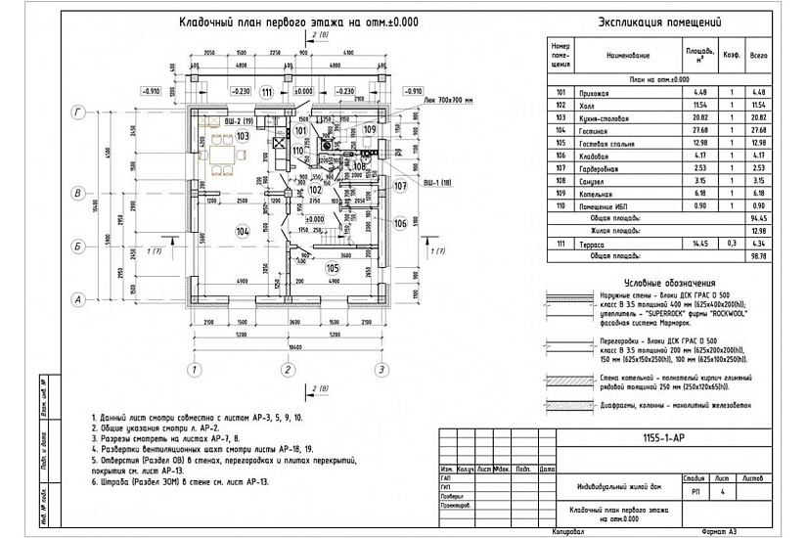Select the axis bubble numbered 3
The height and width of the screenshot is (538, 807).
380,369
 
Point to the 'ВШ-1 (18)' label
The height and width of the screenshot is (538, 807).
437,183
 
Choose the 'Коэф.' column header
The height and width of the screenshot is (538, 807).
730,56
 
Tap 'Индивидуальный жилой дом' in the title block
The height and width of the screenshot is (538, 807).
611,486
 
